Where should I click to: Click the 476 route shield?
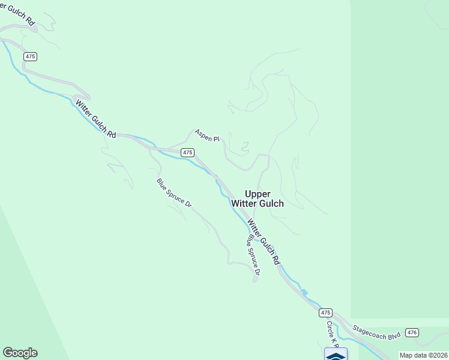pyautogui.click(x=412, y=332)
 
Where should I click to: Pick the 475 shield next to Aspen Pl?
pyautogui.click(x=188, y=152)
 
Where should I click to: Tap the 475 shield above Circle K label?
pyautogui.click(x=325, y=313)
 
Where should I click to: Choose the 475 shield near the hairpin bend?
pyautogui.click(x=31, y=56)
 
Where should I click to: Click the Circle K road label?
pyautogui.click(x=333, y=334)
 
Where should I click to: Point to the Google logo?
pyautogui.click(x=20, y=353)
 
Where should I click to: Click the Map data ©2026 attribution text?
pyautogui.click(x=423, y=355)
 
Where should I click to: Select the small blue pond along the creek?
pyautogui.click(x=304, y=293)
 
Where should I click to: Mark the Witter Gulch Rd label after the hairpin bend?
pyautogui.click(x=95, y=119)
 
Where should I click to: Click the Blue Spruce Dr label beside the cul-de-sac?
pyautogui.click(x=252, y=255)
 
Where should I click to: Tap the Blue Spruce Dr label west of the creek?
pyautogui.click(x=174, y=193)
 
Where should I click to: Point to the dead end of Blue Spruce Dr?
pyautogui.click(x=255, y=281)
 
